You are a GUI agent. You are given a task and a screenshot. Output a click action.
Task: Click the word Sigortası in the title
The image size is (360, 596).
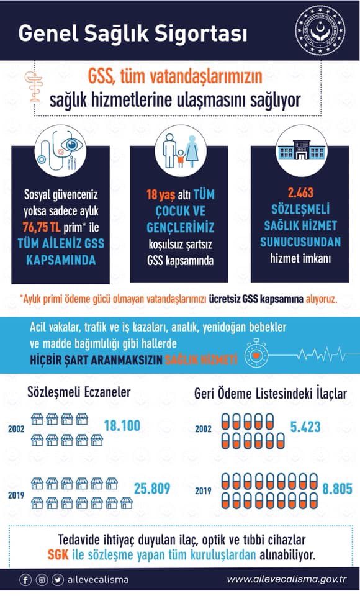(202, 32)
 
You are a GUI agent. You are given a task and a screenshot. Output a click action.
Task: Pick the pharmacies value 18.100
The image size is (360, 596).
(122, 426)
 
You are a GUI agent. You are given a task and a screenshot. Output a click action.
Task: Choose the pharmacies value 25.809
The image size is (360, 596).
(152, 488)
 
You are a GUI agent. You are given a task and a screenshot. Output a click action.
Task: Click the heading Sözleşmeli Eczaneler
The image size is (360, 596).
(79, 392)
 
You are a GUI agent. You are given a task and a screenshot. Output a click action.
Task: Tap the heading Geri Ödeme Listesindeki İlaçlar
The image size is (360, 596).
(271, 394)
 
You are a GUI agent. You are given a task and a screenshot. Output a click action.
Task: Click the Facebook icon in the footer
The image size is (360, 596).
(25, 580)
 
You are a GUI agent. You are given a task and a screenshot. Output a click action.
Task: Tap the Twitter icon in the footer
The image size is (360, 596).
(57, 580)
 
